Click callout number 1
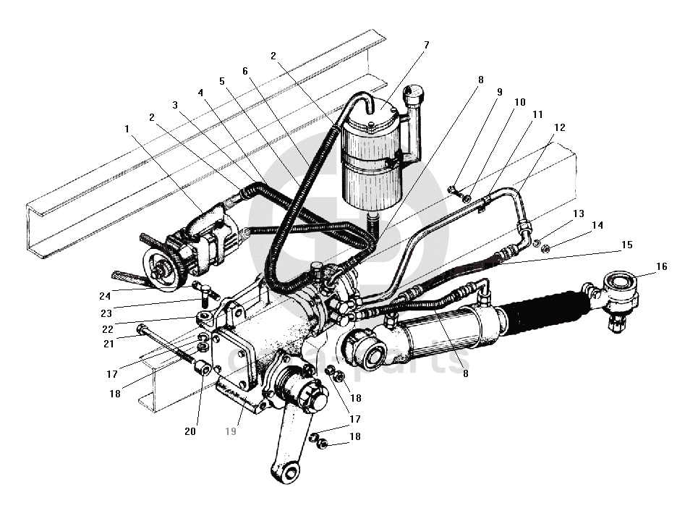pos(127,128)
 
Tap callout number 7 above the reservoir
pos(426,45)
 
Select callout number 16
pos(662,266)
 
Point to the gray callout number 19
pos(231,431)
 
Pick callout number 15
pos(626,245)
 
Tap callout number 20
pos(190,431)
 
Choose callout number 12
pos(559,127)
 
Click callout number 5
pos(222,81)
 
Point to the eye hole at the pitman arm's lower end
pos(289,474)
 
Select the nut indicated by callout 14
pos(545,250)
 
